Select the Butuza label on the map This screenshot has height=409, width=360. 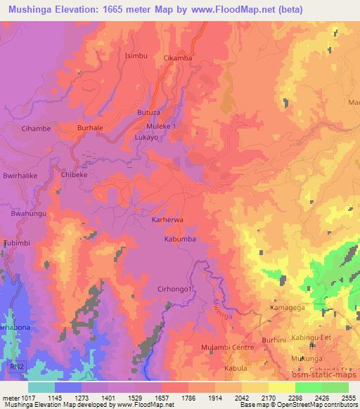(x=148, y=112)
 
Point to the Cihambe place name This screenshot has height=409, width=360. (x=37, y=129)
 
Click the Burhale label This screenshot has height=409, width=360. (x=90, y=129)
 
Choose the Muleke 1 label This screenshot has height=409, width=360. (x=162, y=126)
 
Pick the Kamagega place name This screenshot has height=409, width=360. (x=289, y=309)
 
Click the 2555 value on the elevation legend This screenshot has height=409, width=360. (x=348, y=398)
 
